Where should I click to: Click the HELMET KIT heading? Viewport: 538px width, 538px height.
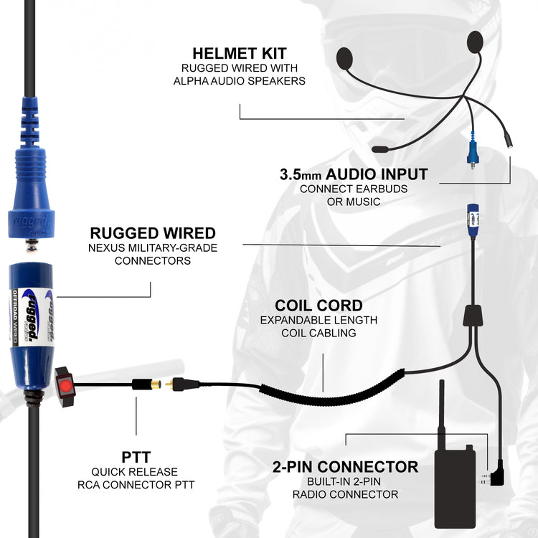pos(239,54)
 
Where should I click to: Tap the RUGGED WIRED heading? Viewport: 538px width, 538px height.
pos(153,233)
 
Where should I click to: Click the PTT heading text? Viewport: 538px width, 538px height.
pos(136,457)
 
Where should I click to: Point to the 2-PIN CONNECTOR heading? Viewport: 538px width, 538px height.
pos(345,467)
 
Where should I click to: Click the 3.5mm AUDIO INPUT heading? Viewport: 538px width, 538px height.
pos(354,174)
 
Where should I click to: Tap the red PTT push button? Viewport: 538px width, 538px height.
pos(66,387)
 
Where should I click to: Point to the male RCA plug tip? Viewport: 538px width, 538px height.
pos(169,384)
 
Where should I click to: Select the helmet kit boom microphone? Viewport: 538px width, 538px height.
pos(381,149)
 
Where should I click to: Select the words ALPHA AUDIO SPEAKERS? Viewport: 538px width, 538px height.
pos(239,81)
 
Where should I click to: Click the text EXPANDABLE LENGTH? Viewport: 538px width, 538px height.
pos(318,320)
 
